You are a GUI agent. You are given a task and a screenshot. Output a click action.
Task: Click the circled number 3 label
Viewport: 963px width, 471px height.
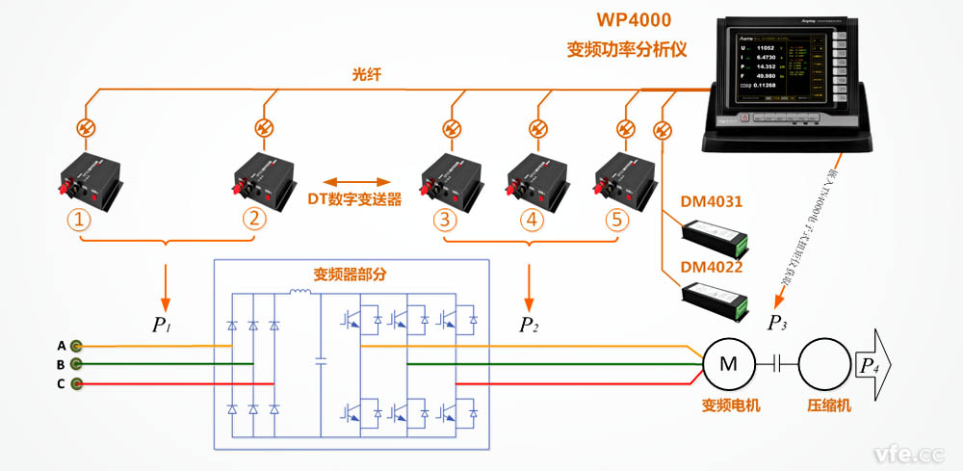[x=444, y=220]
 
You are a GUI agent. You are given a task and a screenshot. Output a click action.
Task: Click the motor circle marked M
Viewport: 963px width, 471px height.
[x=729, y=363]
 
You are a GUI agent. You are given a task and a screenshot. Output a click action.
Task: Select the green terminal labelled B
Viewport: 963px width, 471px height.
[x=76, y=364]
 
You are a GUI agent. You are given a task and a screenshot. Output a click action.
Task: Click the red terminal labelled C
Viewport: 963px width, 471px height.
[x=76, y=384]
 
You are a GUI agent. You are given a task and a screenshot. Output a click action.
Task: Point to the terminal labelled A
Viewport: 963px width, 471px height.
[x=76, y=345]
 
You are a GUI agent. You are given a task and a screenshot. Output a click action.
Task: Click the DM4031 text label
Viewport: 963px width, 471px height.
[x=712, y=202]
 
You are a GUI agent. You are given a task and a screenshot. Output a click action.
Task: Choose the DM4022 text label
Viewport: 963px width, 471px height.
[x=712, y=267]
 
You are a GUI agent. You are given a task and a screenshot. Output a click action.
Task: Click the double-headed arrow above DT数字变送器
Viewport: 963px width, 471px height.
[x=354, y=181]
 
